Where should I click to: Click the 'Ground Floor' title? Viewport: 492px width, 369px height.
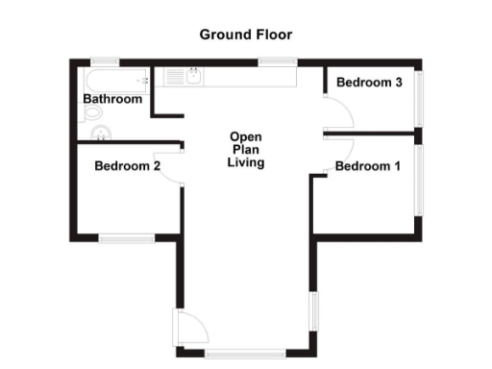click(245, 35)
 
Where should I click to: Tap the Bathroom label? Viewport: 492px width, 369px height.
click(112, 99)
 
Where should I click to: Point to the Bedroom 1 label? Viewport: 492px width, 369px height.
click(367, 166)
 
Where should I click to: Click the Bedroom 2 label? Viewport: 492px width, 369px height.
click(127, 166)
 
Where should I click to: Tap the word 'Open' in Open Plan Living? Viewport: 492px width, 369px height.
click(245, 136)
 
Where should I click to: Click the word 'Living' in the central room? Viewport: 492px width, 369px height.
click(245, 163)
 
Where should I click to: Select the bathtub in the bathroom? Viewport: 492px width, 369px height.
click(115, 78)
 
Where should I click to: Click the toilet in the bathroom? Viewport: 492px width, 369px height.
click(92, 113)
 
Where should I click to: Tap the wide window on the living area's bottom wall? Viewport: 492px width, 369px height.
click(244, 353)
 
